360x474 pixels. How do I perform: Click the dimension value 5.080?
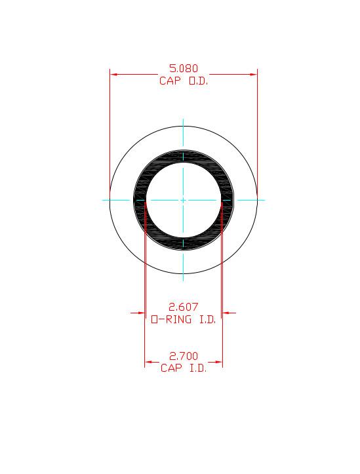click(184, 68)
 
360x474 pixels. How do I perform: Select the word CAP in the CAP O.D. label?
click(171, 81)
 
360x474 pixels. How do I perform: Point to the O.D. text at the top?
click(198, 81)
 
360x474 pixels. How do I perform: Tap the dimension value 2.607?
click(184, 306)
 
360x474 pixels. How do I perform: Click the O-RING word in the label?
click(171, 319)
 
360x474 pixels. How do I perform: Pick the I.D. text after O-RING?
click(206, 319)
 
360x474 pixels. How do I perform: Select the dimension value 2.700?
click(184, 356)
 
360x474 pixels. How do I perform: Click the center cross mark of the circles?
click(184, 199)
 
